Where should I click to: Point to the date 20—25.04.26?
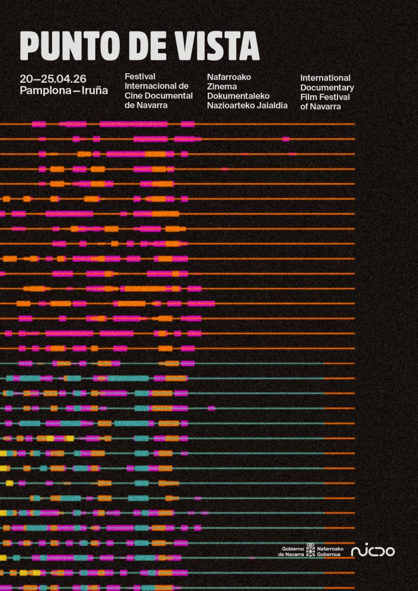click(x=53, y=79)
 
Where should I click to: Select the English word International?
click(x=325, y=78)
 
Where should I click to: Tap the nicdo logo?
click(x=372, y=551)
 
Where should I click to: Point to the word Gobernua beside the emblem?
click(x=330, y=554)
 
